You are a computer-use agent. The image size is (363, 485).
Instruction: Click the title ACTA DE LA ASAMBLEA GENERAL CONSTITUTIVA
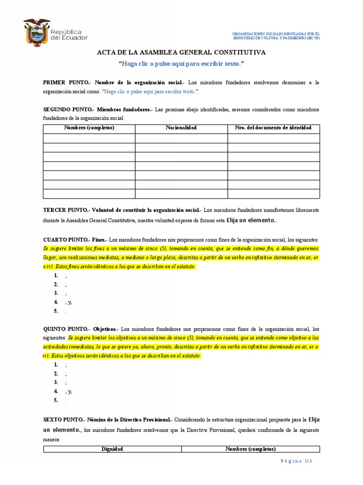pos(181,52)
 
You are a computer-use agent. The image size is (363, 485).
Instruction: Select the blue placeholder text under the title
pos(181,63)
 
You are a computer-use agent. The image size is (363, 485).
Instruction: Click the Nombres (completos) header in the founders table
pos(89,128)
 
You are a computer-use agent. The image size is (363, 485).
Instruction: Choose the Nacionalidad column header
pos(181,128)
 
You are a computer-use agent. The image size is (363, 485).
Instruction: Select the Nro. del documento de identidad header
pos(273,128)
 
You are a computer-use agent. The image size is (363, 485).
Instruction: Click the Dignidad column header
pos(112,449)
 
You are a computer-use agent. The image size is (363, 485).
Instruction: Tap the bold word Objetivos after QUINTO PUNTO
pos(105,329)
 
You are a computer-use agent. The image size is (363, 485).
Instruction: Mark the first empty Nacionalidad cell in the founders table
pos(181,138)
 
